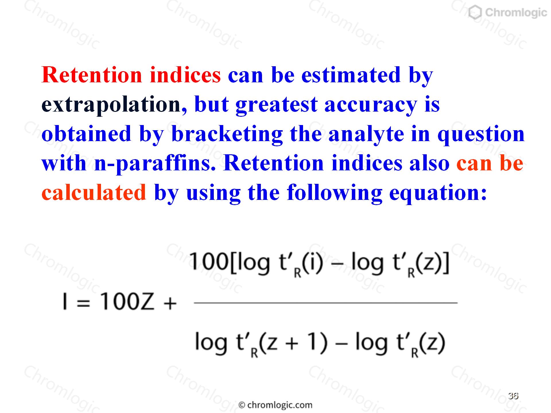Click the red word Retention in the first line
click(x=92, y=75)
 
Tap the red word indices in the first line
click(x=185, y=75)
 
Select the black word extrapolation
click(x=111, y=105)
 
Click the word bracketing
click(x=227, y=134)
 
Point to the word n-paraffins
click(x=154, y=163)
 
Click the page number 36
click(x=513, y=396)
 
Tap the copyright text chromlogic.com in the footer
click(x=275, y=405)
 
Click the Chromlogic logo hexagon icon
click(x=475, y=13)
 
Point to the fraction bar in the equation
click(x=325, y=303)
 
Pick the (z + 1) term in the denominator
click(x=293, y=343)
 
